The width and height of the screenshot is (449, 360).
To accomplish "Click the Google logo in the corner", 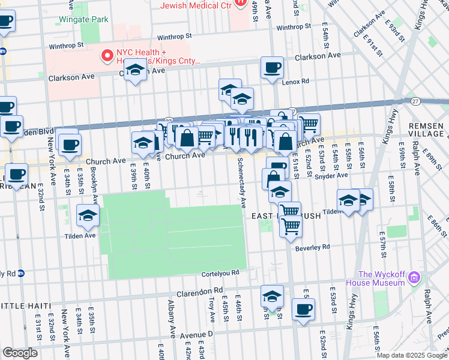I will [20, 353].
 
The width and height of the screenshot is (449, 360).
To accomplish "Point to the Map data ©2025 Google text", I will [411, 355].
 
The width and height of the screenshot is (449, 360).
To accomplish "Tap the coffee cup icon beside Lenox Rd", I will [272, 67].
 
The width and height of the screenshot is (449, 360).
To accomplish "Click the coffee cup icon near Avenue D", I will [303, 310].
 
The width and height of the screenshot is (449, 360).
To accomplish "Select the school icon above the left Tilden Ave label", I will [88, 216].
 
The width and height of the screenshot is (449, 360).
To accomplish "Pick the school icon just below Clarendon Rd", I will [272, 297].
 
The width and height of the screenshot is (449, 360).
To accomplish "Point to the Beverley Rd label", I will [313, 247].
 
